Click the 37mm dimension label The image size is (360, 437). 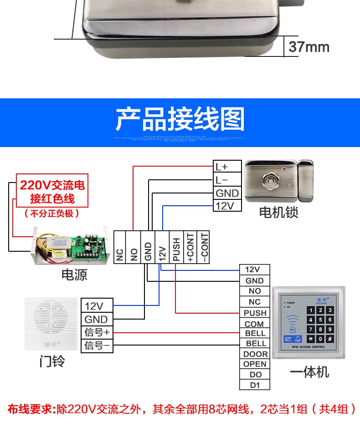pyautogui.click(x=309, y=47)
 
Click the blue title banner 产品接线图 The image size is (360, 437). pyautogui.click(x=180, y=119)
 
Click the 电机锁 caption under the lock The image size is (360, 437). pyautogui.click(x=278, y=212)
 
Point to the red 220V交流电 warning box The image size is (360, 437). pyautogui.click(x=52, y=192)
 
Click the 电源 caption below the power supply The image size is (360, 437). pyautogui.click(x=74, y=274)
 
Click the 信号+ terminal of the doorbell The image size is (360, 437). pyautogui.click(x=96, y=332)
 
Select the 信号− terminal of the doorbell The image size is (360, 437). pyautogui.click(x=96, y=346)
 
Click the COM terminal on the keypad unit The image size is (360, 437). pyautogui.click(x=255, y=324)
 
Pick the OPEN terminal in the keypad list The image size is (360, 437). pyautogui.click(x=255, y=364)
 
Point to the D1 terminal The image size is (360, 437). pyautogui.click(x=255, y=385)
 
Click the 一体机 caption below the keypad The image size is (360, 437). pyautogui.click(x=309, y=372)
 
